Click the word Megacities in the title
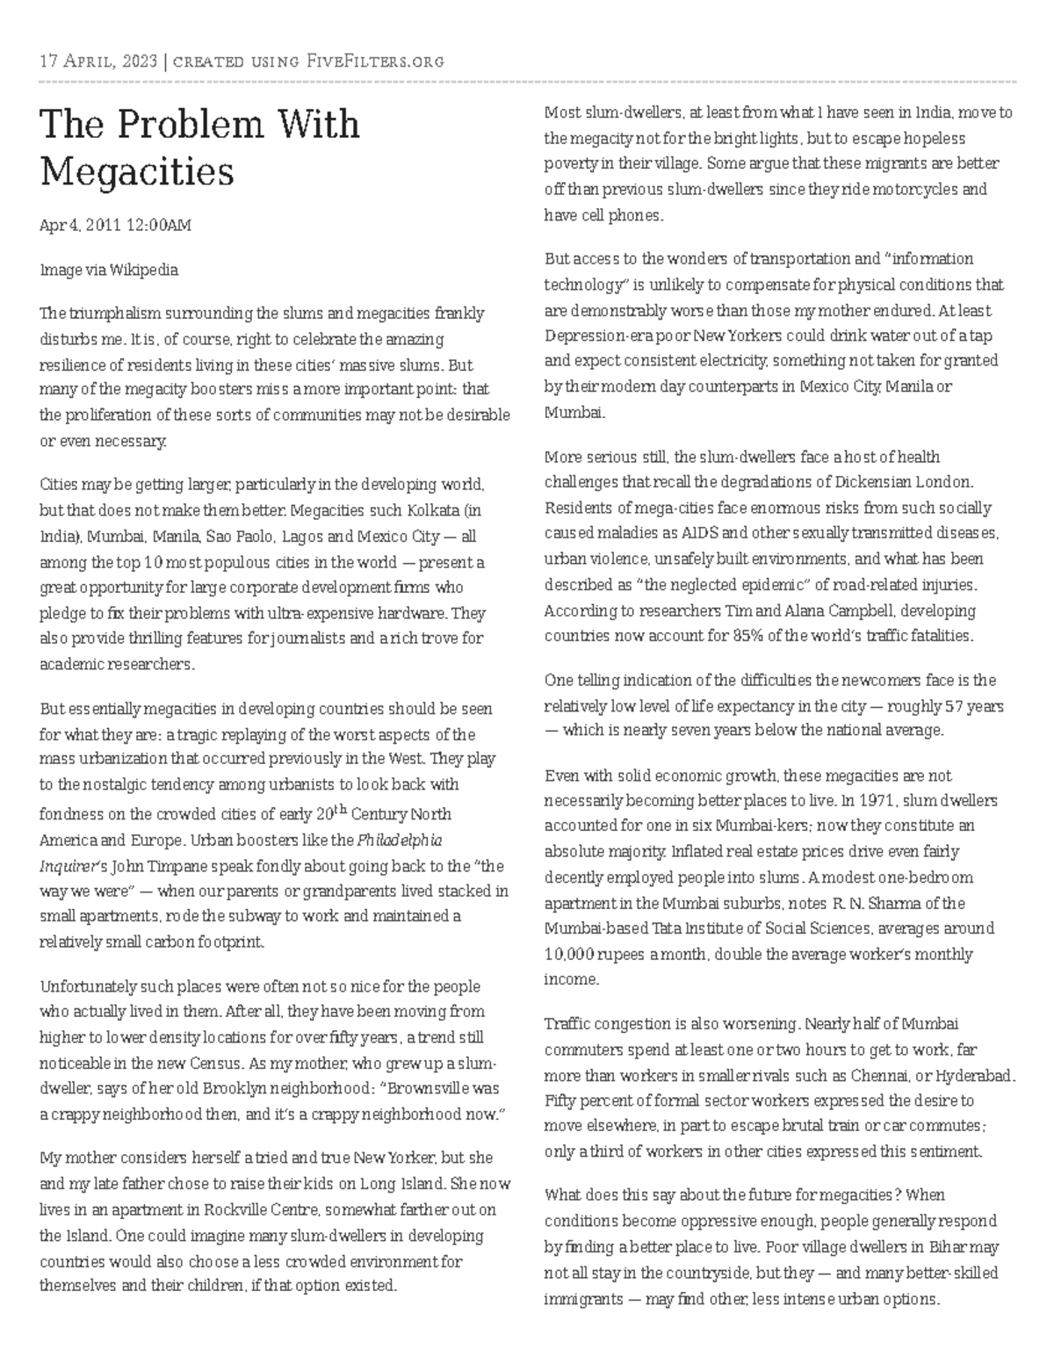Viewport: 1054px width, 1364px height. point(137,171)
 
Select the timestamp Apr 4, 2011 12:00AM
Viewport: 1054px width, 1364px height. point(115,226)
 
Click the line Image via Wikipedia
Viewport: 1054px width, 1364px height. point(109,270)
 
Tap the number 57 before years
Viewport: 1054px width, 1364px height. point(952,706)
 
